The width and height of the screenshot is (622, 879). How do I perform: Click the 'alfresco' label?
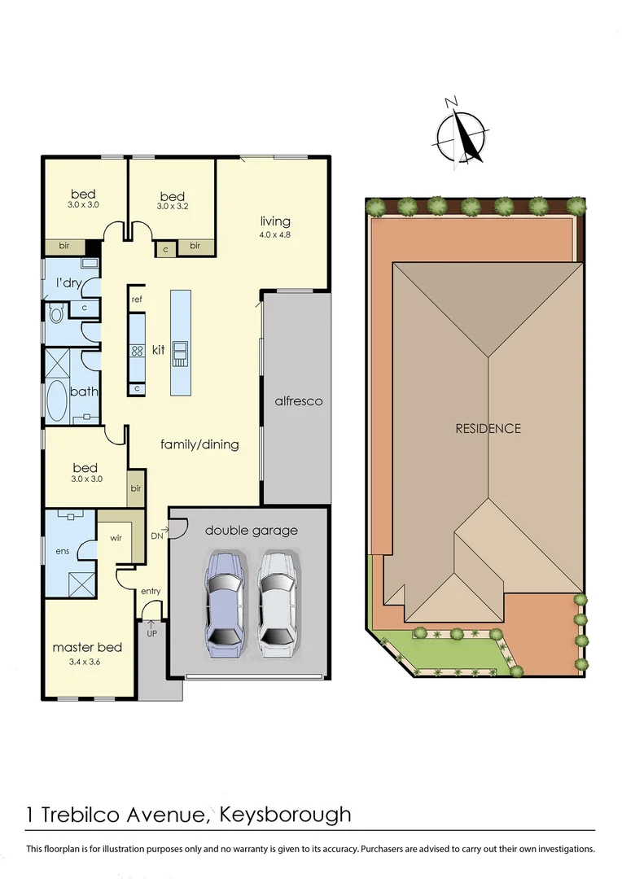tap(298, 401)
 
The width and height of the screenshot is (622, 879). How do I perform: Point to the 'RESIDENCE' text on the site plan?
tap(488, 428)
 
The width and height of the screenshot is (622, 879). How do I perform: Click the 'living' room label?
tap(275, 221)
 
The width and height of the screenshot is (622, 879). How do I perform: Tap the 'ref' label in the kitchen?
tap(137, 300)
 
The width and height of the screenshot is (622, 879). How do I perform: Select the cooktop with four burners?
tap(137, 351)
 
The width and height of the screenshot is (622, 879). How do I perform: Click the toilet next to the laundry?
tap(57, 313)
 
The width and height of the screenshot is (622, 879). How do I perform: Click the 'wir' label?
tap(115, 538)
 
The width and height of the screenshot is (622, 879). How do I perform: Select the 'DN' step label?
tap(156, 536)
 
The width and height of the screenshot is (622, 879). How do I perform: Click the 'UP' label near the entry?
tap(151, 632)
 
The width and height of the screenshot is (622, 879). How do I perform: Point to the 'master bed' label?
tap(87, 647)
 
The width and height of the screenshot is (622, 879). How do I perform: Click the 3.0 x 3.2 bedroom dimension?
tap(172, 207)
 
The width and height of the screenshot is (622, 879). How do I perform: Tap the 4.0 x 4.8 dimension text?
tap(275, 235)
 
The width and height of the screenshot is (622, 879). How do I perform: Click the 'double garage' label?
tap(251, 531)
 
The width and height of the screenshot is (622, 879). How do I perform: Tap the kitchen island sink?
tap(180, 351)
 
